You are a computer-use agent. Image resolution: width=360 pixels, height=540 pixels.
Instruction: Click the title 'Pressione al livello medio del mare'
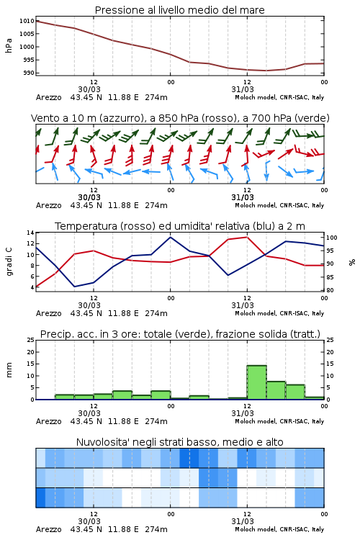[179, 10]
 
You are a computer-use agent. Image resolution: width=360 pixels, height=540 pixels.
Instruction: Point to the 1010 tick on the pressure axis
[27, 21]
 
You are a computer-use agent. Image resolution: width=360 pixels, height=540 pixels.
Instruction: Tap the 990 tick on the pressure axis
[28, 73]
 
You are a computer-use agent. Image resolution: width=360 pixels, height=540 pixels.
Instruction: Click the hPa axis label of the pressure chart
[9, 46]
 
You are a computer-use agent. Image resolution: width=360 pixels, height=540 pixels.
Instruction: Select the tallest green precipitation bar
[256, 382]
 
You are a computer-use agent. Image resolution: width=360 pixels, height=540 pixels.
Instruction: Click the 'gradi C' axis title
[9, 261]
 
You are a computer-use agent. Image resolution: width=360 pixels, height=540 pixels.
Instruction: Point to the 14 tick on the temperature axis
[31, 233]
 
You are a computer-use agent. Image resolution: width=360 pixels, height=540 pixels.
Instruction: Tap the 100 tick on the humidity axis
[332, 238]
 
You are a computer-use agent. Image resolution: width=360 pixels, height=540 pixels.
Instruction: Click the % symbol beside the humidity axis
[352, 262]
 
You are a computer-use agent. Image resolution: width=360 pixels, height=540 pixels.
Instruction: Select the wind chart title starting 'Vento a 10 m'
[180, 118]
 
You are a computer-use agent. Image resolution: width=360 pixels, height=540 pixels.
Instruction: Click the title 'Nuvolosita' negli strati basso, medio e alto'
[179, 442]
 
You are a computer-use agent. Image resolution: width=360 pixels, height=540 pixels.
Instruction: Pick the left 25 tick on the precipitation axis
[31, 340]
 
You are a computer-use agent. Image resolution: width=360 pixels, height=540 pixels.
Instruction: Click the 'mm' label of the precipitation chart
[9, 370]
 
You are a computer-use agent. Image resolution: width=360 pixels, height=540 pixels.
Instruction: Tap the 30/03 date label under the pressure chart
[89, 89]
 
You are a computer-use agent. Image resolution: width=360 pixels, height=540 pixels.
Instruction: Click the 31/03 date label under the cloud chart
[243, 521]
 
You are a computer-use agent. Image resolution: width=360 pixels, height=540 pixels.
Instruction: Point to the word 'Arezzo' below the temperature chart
[48, 313]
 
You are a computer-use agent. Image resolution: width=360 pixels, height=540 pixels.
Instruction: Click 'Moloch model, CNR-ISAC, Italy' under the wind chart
[279, 205]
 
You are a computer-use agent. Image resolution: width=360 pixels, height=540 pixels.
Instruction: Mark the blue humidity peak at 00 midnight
[170, 238]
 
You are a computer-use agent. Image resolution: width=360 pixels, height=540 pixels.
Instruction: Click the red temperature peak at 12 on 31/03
[247, 237]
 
